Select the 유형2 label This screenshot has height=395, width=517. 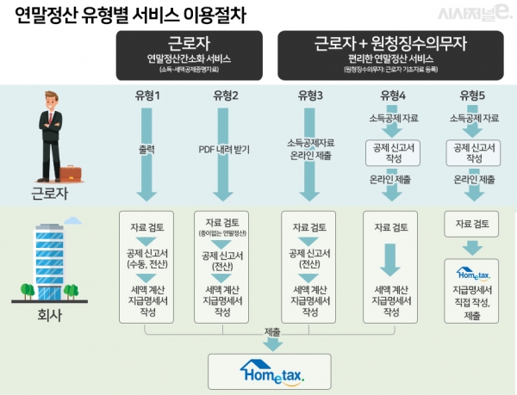tap(224, 95)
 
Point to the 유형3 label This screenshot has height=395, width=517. tap(309, 95)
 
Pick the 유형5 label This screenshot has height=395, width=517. tap(474, 95)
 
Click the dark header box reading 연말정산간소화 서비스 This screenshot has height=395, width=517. tap(189, 56)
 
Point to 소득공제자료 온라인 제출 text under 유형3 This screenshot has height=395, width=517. tap(309, 147)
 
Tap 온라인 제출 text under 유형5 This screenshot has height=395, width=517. tap(474, 180)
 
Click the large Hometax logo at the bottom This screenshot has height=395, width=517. tap(271, 372)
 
